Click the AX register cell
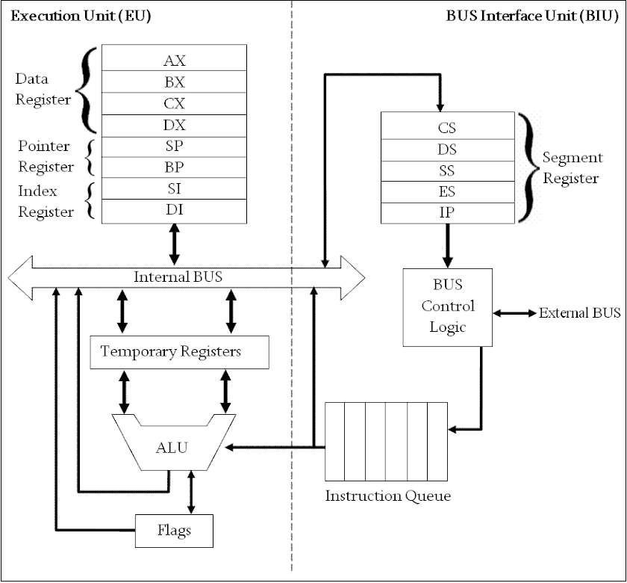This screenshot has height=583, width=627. (174, 60)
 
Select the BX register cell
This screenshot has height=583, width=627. (174, 81)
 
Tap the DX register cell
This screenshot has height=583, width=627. (174, 125)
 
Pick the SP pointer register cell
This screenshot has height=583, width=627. (174, 146)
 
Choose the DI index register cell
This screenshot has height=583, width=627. (174, 210)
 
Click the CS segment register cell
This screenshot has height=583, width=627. (447, 127)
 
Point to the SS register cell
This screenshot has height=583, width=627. (447, 170)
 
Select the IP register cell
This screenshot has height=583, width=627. (447, 212)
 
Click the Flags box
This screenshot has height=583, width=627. (174, 531)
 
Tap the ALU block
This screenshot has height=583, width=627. (172, 448)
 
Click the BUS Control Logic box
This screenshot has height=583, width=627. (447, 306)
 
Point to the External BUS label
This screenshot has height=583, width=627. (579, 312)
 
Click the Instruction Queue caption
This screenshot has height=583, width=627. (387, 496)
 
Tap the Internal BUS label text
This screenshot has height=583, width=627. (178, 277)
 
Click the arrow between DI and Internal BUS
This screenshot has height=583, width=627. (175, 243)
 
